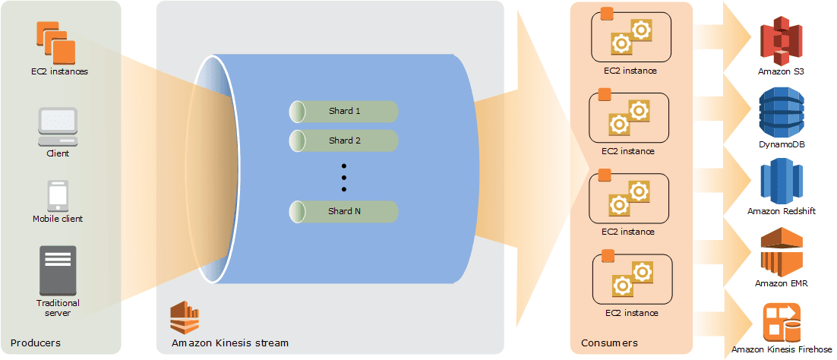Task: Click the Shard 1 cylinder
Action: (344, 112)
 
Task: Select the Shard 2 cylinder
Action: (344, 141)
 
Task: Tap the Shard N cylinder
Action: (344, 212)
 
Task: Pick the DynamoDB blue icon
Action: (782, 112)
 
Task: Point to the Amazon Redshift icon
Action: (782, 181)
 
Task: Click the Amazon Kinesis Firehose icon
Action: (782, 322)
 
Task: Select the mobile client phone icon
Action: (58, 195)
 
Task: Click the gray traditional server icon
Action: (58, 270)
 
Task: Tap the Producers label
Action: (36, 343)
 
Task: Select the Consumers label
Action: (608, 343)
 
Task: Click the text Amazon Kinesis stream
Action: (230, 343)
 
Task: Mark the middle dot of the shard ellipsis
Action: (344, 177)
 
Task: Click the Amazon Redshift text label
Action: (782, 212)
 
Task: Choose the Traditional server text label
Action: (58, 308)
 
